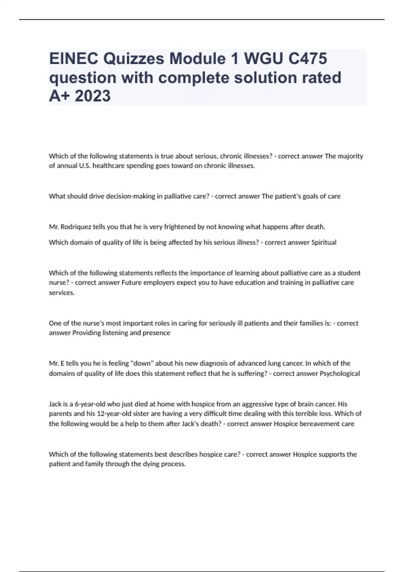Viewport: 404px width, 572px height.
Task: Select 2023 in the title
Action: pos(93,96)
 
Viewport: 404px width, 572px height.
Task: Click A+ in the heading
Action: pos(60,96)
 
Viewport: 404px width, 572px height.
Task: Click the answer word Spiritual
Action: pos(324,242)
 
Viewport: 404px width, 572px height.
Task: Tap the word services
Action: pos(62,293)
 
